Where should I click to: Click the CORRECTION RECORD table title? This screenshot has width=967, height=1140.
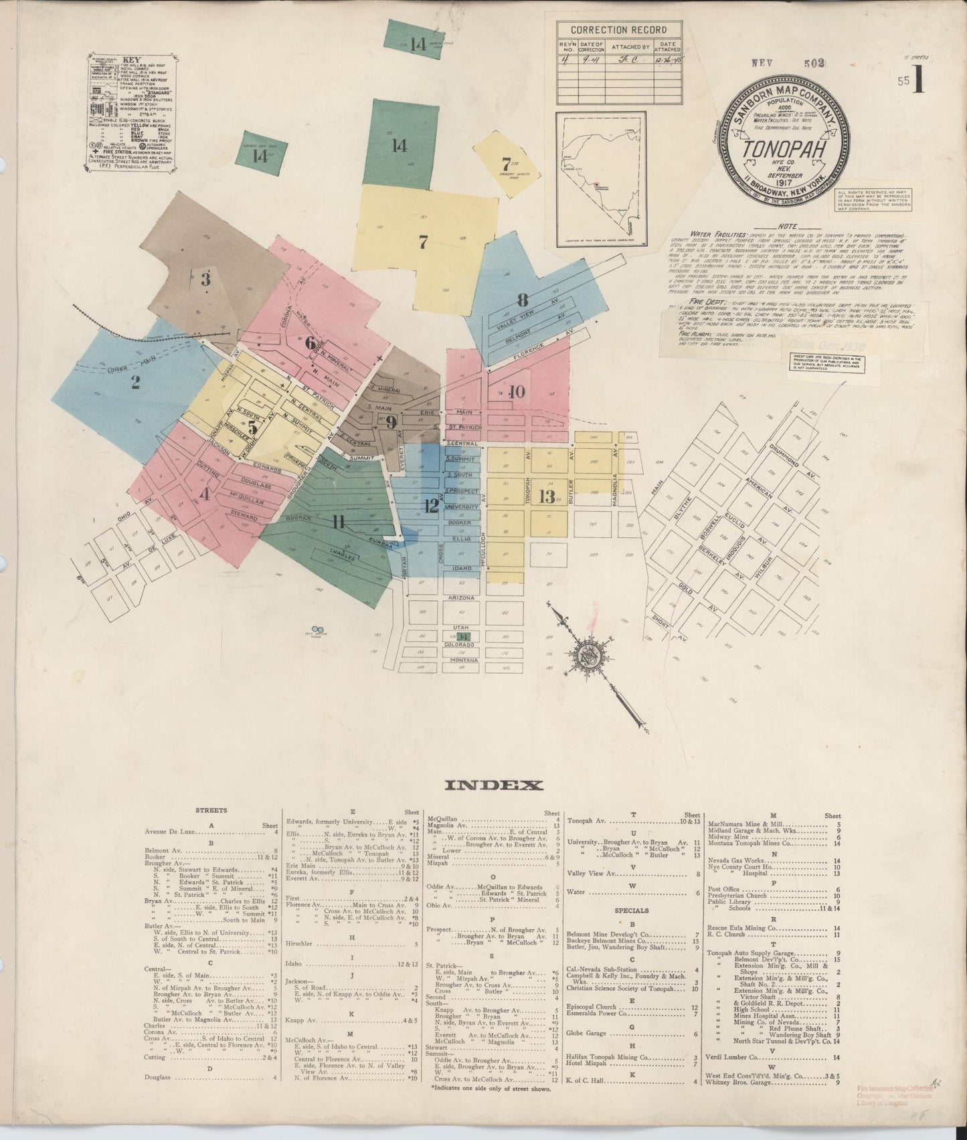click(x=618, y=29)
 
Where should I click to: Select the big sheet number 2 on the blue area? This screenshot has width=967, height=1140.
click(x=136, y=383)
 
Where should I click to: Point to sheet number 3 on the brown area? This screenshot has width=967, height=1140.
click(x=205, y=279)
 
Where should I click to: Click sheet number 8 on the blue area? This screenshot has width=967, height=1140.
click(x=522, y=299)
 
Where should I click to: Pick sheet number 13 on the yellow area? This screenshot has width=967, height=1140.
click(x=547, y=496)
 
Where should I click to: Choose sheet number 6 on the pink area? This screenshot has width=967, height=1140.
click(x=310, y=344)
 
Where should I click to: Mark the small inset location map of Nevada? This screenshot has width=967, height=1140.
click(x=600, y=179)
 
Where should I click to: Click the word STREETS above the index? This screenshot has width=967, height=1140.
click(x=211, y=810)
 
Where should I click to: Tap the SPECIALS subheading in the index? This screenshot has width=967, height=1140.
click(x=631, y=911)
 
